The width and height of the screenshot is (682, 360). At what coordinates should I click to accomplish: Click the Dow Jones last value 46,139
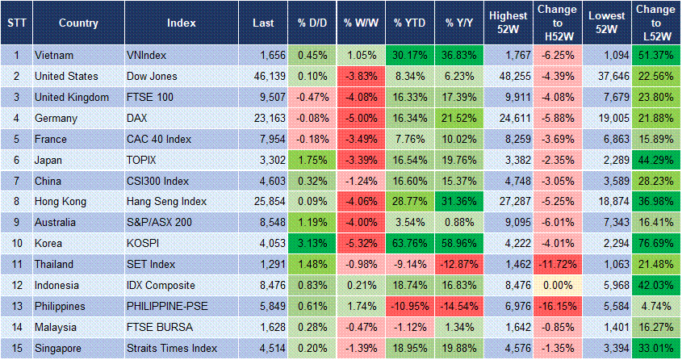pyautogui.click(x=264, y=76)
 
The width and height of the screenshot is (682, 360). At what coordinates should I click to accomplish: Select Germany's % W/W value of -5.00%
pyautogui.click(x=361, y=117)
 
